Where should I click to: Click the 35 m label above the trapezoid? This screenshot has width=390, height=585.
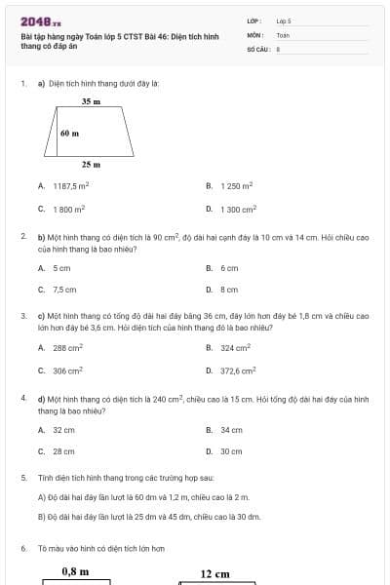point(92,100)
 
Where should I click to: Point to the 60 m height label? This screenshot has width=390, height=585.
point(69,133)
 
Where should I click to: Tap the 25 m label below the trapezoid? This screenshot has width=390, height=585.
point(92,165)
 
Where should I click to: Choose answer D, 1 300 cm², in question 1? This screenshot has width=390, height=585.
point(238,209)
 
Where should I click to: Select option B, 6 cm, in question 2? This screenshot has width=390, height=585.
point(229,267)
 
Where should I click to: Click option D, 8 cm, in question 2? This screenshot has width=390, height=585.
point(229,290)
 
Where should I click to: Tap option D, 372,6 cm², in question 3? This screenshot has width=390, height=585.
point(238,370)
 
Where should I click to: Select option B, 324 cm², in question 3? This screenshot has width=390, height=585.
point(235,348)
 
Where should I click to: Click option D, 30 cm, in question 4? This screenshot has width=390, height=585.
point(231,451)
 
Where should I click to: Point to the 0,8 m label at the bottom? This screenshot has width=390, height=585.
point(75,571)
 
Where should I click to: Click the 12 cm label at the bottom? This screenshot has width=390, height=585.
point(214,574)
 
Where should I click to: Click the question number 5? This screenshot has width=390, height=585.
point(22,479)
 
